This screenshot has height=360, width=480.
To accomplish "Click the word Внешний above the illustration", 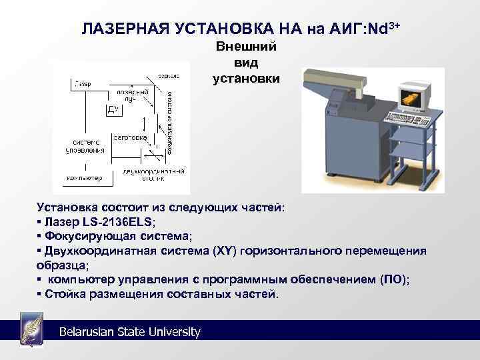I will (246, 48).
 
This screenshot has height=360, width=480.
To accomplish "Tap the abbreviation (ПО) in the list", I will (393, 280).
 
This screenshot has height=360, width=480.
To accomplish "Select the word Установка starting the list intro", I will (67, 207).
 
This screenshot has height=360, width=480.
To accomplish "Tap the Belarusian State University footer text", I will (129, 332).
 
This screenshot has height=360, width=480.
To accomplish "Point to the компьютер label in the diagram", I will (84, 178).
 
